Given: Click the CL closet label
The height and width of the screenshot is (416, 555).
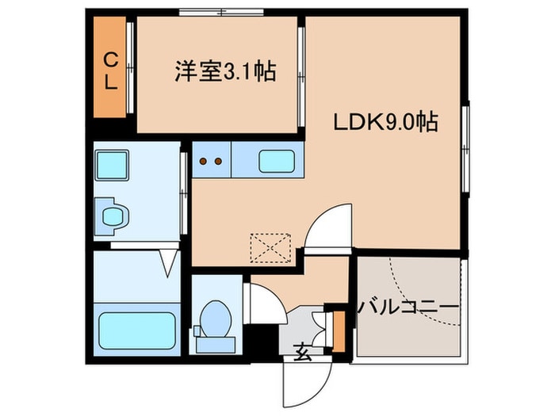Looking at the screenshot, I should [111, 70].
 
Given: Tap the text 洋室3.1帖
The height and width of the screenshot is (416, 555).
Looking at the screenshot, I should [224, 73].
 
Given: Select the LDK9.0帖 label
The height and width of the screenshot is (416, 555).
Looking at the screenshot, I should [385, 123].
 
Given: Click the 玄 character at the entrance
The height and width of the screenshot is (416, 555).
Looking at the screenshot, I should [304, 347].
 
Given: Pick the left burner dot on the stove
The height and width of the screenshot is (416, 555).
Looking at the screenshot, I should [204, 162].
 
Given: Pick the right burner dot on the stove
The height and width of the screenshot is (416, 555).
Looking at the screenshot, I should [217, 162].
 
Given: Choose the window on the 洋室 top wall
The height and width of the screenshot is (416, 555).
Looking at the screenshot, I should [221, 11].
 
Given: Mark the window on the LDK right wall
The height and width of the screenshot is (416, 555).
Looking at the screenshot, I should [466, 147].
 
